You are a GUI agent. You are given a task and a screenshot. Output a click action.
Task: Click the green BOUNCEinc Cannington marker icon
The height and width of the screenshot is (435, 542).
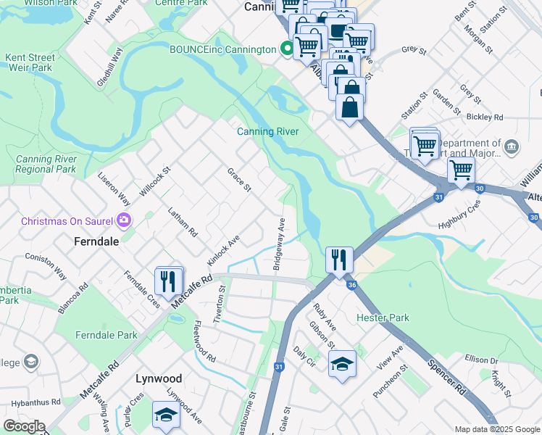tap(288, 49)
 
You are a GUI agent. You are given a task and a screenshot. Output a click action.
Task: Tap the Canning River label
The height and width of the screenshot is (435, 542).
tap(267, 131)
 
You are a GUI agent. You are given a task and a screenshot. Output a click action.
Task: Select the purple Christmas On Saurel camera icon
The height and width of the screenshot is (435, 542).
tap(124, 220)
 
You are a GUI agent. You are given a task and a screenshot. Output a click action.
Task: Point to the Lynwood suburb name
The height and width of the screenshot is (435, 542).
tap(159, 378)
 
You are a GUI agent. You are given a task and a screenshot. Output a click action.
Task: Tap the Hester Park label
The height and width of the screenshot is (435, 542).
tap(383, 318)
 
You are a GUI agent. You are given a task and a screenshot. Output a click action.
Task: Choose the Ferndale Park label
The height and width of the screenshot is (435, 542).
tap(106, 335)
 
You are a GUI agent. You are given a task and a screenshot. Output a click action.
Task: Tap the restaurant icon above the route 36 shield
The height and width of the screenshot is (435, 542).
tap(339, 258)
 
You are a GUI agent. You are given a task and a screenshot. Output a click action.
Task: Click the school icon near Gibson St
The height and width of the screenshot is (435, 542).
tap(342, 363)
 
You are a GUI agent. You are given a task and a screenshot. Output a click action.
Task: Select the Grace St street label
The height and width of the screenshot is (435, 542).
tap(238, 181)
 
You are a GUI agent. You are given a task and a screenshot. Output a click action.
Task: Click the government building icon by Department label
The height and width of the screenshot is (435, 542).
tap(512, 148)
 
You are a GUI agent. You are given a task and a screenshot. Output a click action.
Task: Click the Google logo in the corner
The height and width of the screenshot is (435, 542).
tap(23, 426)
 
